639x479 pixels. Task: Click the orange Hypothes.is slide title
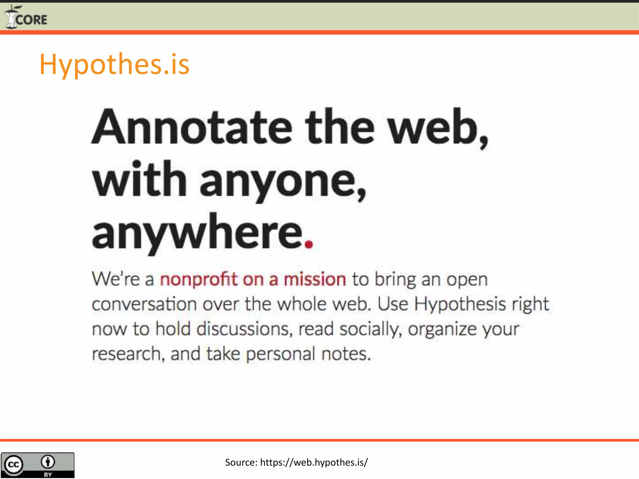tap(114, 64)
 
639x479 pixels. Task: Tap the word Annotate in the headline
tap(192, 127)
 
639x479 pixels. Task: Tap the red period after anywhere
tap(309, 244)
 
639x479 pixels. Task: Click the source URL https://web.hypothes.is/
tap(314, 462)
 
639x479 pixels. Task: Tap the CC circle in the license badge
tap(13, 465)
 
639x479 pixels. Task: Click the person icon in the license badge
tap(48, 462)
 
